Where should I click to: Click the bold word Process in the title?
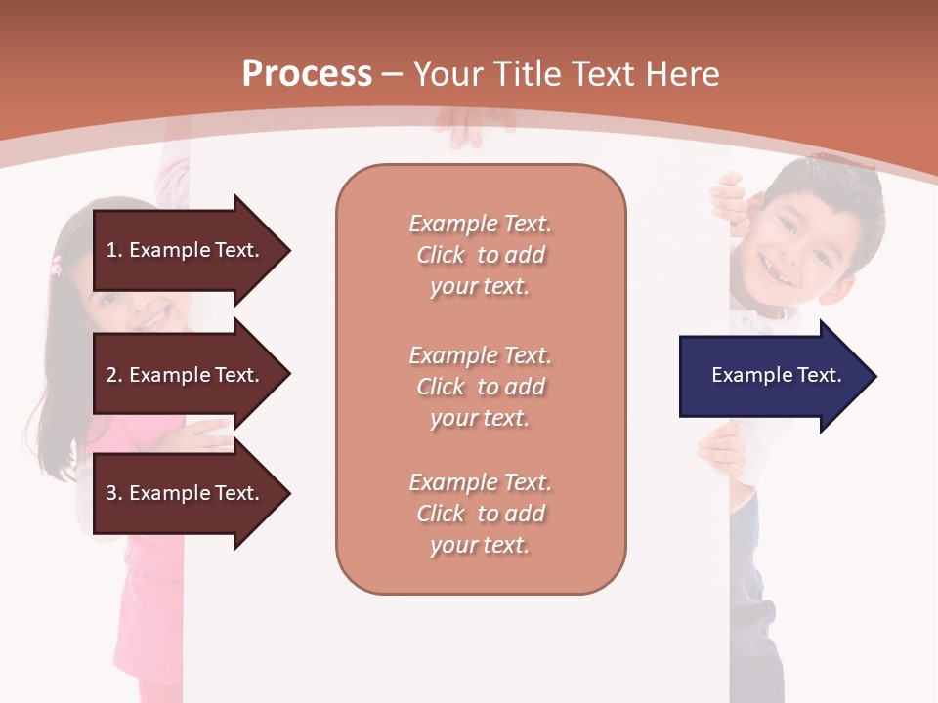(x=307, y=74)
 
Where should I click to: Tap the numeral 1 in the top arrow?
(x=111, y=250)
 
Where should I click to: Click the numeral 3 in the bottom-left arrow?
(x=111, y=493)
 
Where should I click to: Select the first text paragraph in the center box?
(x=480, y=255)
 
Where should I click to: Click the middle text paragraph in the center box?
(x=480, y=387)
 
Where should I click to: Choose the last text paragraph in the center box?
(x=480, y=514)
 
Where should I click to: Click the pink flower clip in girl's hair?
(x=57, y=263)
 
